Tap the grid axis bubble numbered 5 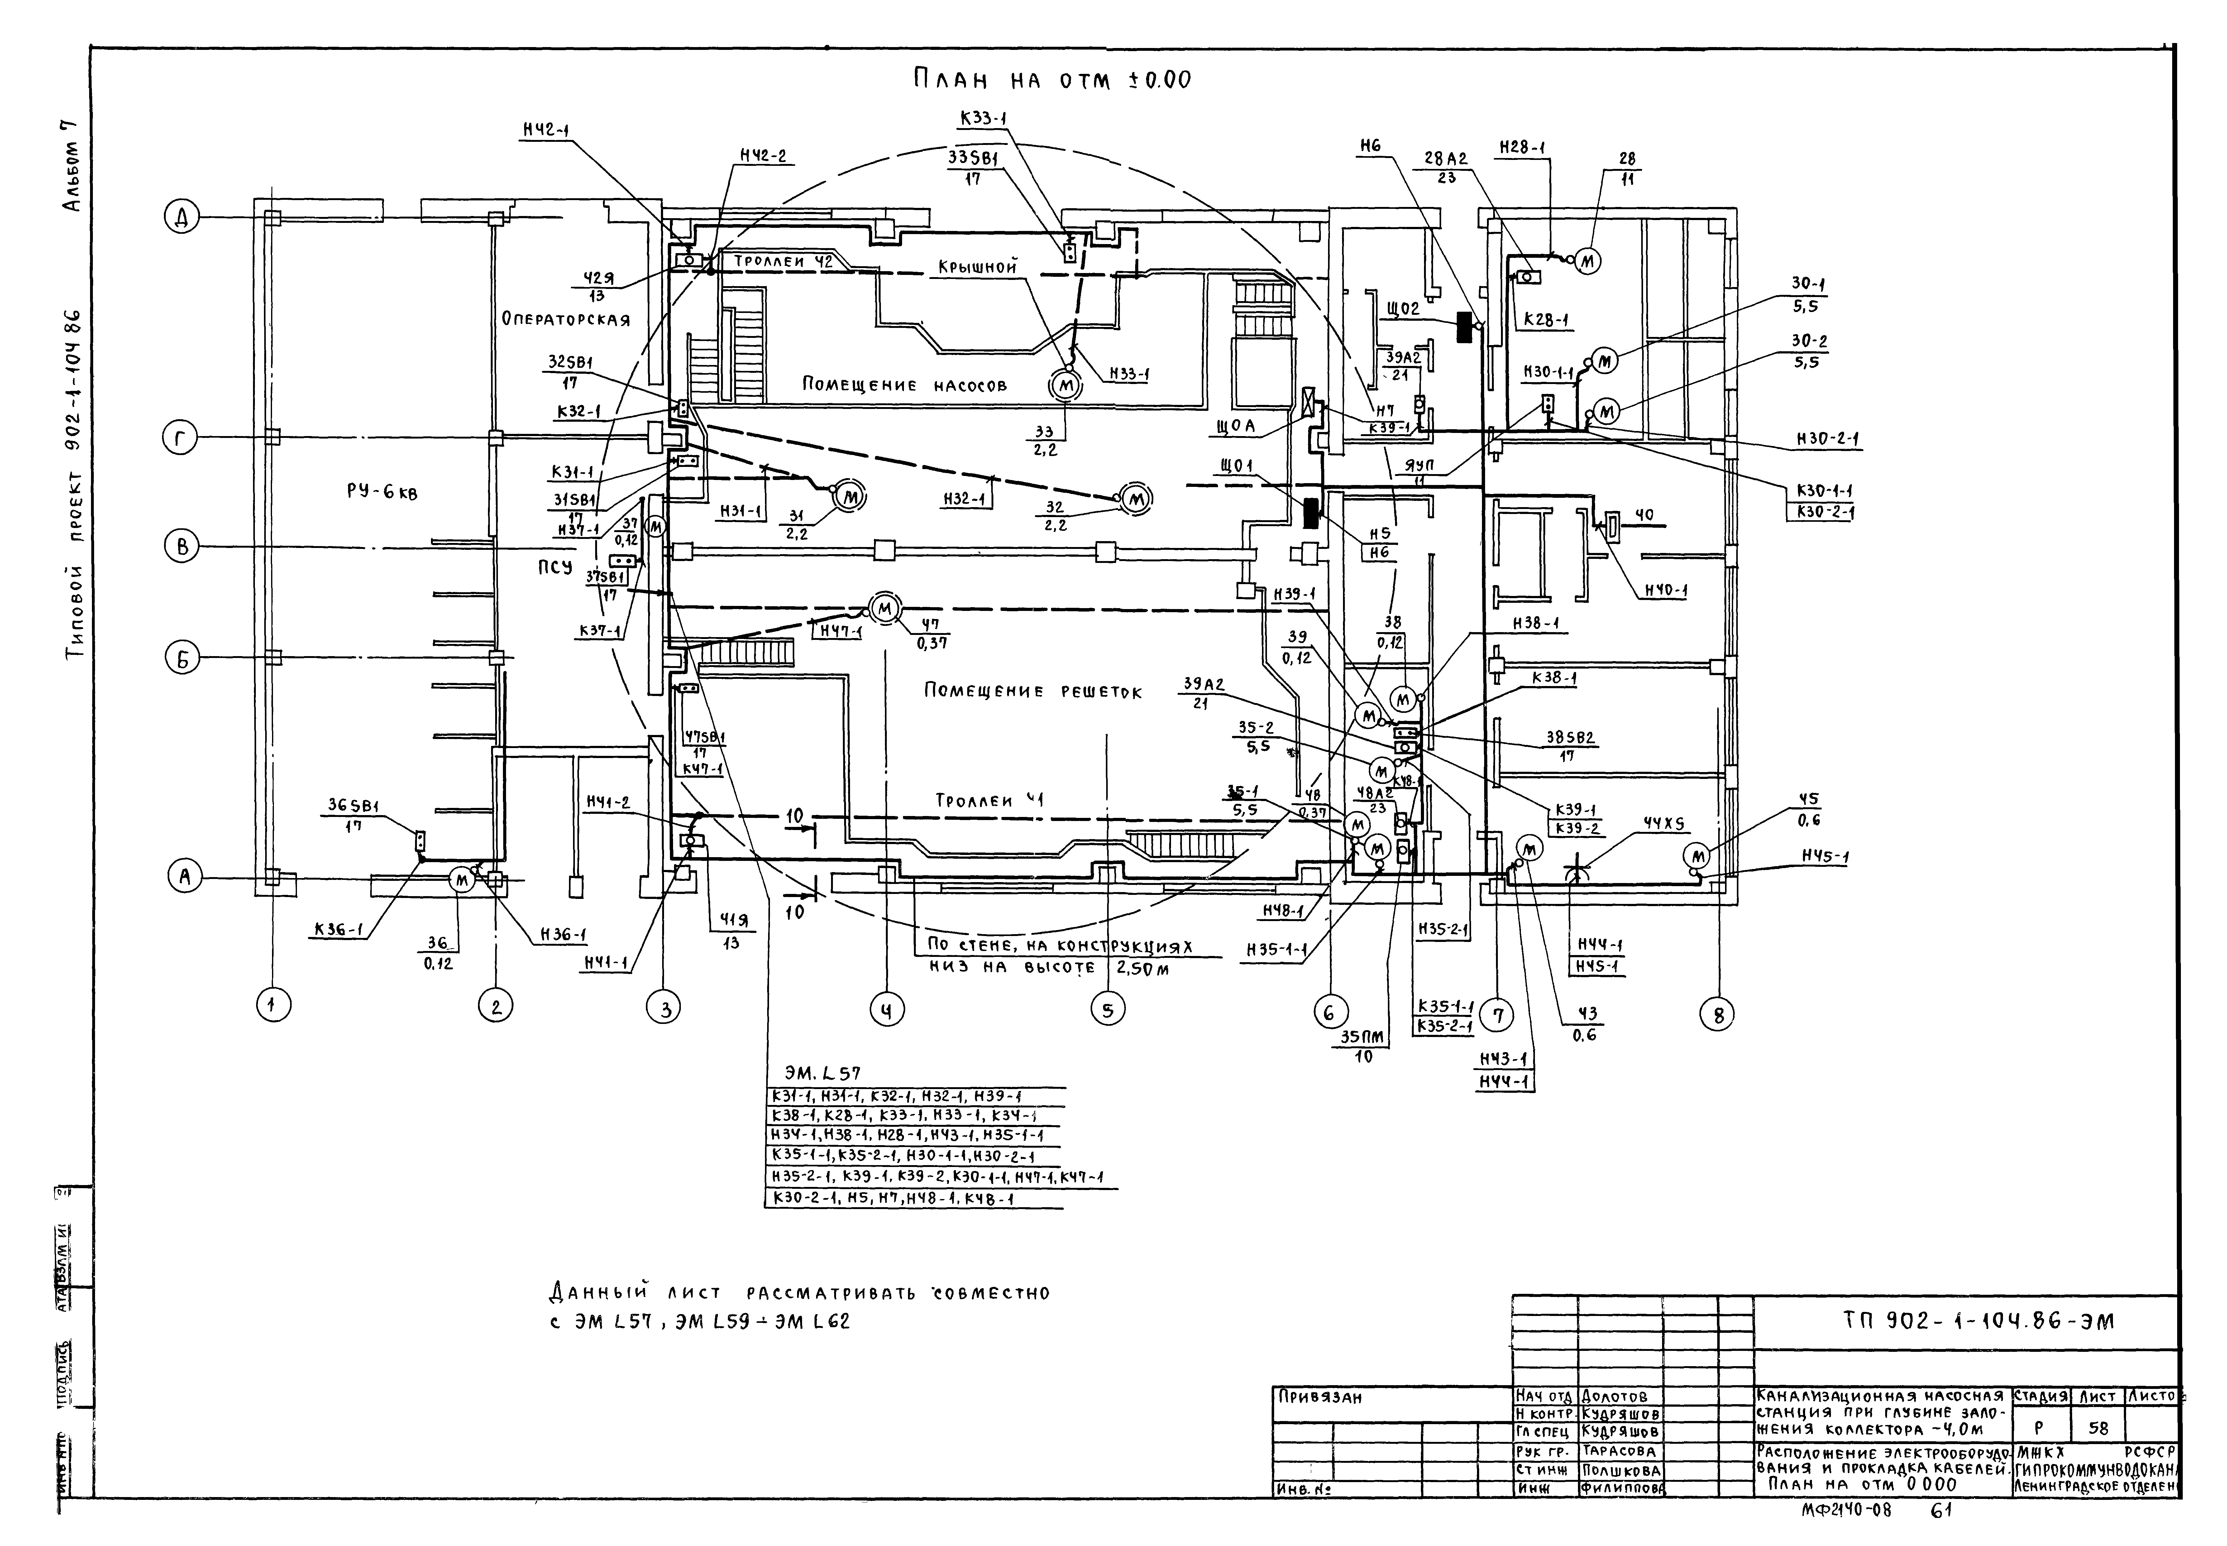1108,1009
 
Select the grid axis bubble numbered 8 1718,1014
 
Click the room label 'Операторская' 566,319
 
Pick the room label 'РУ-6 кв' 382,492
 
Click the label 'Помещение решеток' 1032,692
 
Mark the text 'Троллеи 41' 988,801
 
